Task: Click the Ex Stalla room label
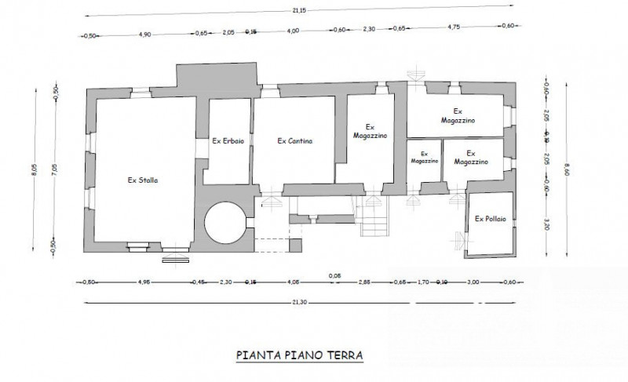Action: (x=143, y=180)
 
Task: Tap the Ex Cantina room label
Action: (x=295, y=142)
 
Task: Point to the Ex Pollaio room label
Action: (x=490, y=219)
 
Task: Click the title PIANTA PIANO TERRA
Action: (x=299, y=355)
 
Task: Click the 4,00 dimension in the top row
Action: (x=293, y=32)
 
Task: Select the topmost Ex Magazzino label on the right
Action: (x=458, y=115)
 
